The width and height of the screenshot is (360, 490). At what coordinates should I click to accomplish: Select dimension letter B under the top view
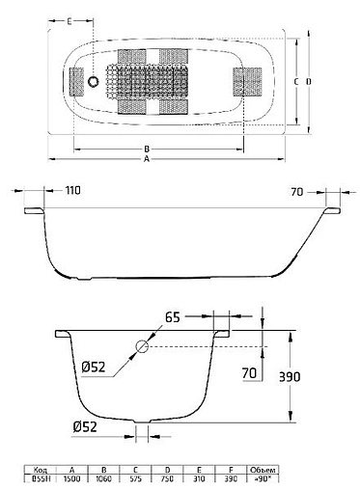pyautogui.click(x=146, y=149)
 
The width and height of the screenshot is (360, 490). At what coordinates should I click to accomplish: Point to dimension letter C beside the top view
pyautogui.click(x=295, y=82)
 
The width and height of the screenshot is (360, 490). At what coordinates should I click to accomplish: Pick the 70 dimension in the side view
pyautogui.click(x=299, y=192)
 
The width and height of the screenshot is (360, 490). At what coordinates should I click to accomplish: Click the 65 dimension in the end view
pyautogui.click(x=173, y=316)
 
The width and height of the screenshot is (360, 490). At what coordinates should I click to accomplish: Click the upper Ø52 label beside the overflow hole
pyautogui.click(x=95, y=367)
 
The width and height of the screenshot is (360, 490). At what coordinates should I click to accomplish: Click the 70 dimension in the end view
pyautogui.click(x=250, y=371)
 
